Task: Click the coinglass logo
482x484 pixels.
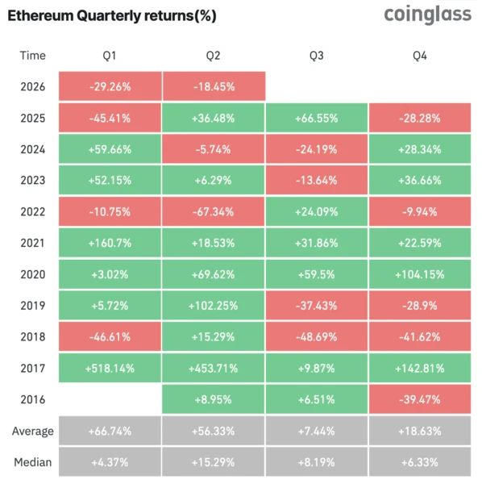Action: pos(428,15)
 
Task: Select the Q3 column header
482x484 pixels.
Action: pos(317,56)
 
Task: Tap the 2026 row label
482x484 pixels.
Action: pos(33,87)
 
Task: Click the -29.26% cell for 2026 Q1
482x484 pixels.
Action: pos(110,86)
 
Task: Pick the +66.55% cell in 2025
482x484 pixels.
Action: pos(317,118)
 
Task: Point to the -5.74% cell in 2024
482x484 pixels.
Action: pos(213,149)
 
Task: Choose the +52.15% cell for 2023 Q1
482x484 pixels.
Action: pos(110,180)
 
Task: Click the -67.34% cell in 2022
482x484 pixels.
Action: pos(213,211)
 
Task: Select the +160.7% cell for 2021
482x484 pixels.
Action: pos(110,243)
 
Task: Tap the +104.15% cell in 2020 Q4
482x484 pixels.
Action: pos(420,274)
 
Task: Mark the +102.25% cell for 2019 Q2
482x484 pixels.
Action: pos(213,306)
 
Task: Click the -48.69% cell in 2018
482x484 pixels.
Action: pos(317,336)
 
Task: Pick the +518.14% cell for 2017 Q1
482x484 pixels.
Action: pos(110,369)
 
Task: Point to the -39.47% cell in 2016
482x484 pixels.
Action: pos(420,399)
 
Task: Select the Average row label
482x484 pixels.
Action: pos(33,431)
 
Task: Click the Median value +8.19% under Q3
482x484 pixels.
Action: pos(317,462)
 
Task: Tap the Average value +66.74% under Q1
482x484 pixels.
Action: pos(110,431)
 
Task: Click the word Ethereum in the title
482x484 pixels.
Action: pos(40,15)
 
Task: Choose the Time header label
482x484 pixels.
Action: pos(33,56)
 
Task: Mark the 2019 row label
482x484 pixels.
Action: pos(33,306)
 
